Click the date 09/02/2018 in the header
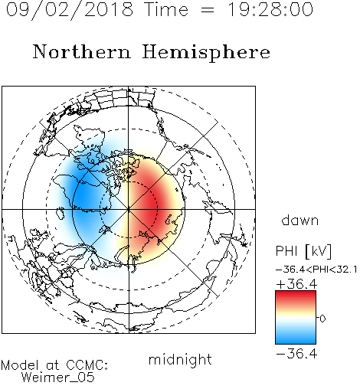70,10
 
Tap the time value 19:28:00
270,10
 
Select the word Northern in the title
82,51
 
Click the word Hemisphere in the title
206,52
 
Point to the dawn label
300,220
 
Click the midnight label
180,359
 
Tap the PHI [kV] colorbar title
303,251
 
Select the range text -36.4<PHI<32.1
316,270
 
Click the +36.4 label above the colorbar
296,284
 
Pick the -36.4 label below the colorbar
296,354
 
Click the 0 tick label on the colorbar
322,319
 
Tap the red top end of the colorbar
296,293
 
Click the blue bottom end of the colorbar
296,342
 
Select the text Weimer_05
58,378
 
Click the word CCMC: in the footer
87,365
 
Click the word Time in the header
166,10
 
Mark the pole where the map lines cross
129,209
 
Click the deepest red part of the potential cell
152,205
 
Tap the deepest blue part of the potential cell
82,198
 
